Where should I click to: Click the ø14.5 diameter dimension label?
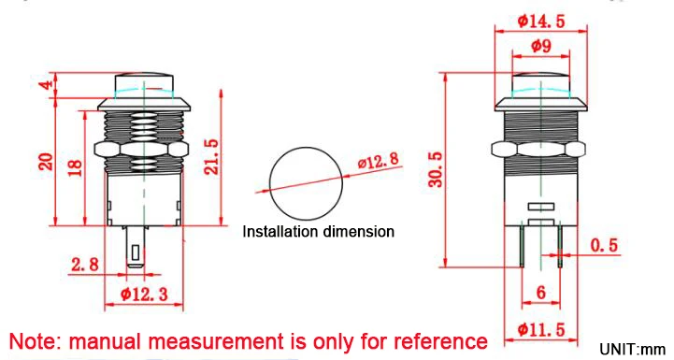pyautogui.click(x=541, y=21)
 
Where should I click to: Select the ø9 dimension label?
pyautogui.click(x=541, y=45)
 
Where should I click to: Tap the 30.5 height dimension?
pyautogui.click(x=436, y=169)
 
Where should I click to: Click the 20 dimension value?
pyautogui.click(x=46, y=162)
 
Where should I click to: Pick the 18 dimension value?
pyautogui.click(x=75, y=167)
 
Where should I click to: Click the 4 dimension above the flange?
pyautogui.click(x=49, y=83)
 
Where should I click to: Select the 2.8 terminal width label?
pyautogui.click(x=85, y=264)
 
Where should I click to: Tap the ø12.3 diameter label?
pyautogui.click(x=144, y=295)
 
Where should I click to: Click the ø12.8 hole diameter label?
pyautogui.click(x=379, y=160)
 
